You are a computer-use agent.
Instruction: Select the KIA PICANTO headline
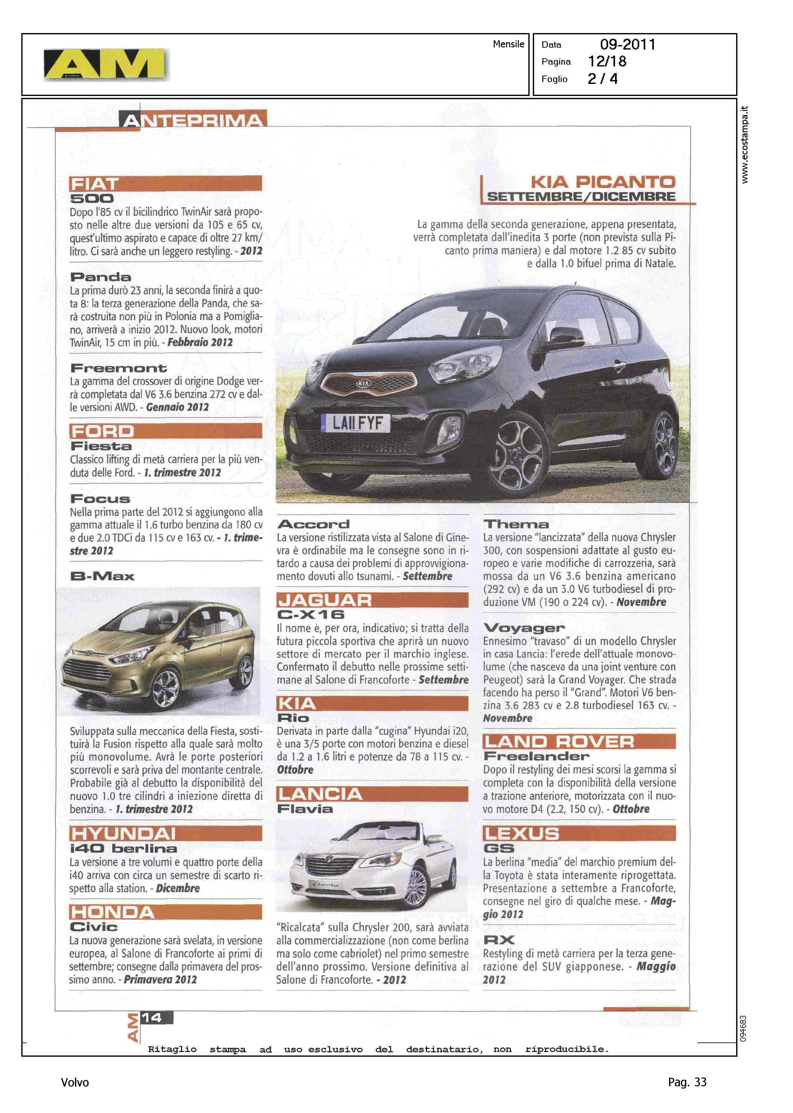(603, 182)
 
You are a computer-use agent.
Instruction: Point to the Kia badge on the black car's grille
(364, 383)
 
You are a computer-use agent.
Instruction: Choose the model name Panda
(101, 277)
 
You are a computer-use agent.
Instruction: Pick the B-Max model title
(103, 576)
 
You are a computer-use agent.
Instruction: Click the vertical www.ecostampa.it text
(744, 145)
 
